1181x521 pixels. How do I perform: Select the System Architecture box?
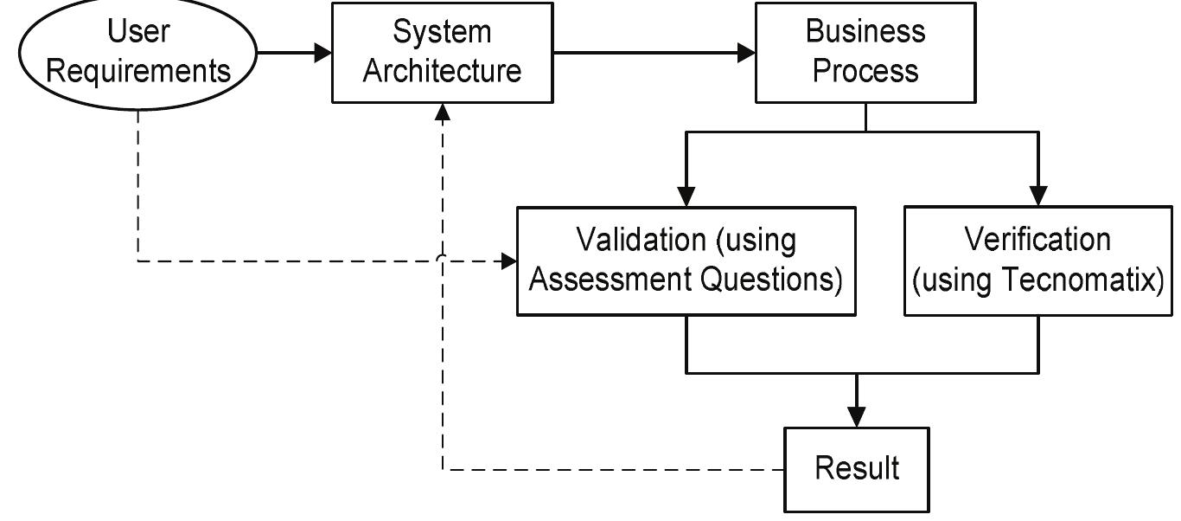(442, 53)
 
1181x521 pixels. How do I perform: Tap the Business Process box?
(865, 53)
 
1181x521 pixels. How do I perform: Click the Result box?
(857, 469)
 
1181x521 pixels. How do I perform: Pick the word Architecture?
(442, 71)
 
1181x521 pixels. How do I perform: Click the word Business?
(865, 32)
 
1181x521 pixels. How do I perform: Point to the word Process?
(865, 71)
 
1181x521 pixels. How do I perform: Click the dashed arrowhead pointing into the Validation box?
(508, 260)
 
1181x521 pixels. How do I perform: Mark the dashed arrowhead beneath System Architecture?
(443, 112)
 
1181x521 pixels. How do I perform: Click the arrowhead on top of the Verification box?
(1038, 197)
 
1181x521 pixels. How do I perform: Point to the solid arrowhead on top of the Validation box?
(686, 197)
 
